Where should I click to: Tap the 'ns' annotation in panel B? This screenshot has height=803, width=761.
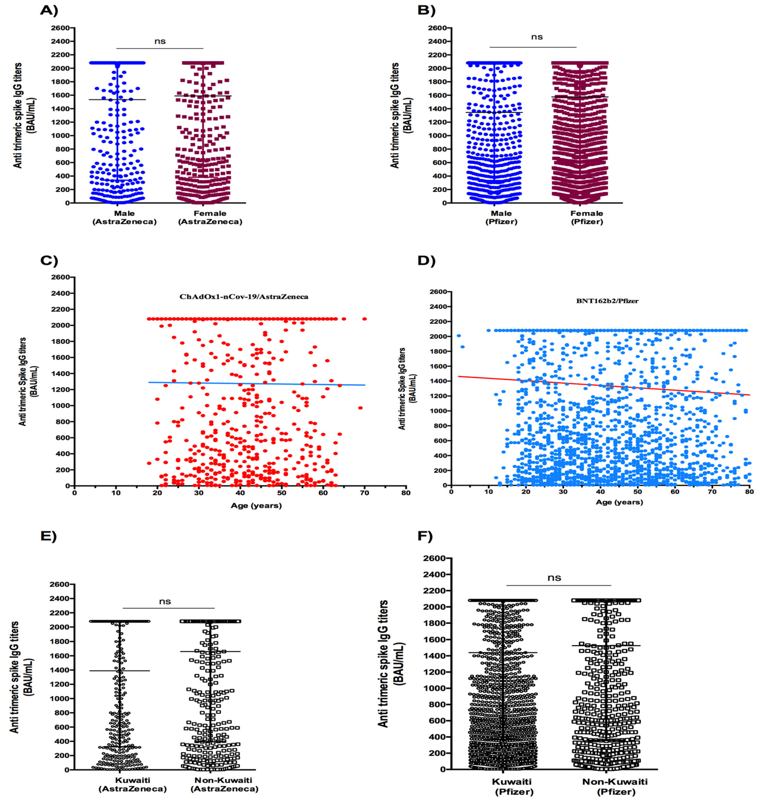pyautogui.click(x=537, y=37)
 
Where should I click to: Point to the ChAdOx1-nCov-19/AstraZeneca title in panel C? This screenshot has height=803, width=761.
pyautogui.click(x=243, y=297)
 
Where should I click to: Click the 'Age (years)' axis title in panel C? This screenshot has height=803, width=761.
pyautogui.click(x=256, y=505)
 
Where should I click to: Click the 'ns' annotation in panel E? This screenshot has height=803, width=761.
pyautogui.click(x=165, y=601)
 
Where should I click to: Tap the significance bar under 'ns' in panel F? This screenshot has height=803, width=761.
pyautogui.click(x=558, y=585)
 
